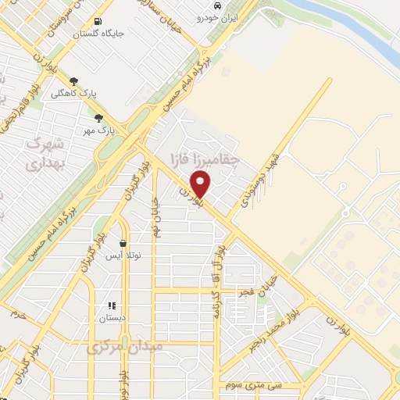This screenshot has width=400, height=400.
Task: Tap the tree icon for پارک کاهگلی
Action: pyautogui.click(x=75, y=81)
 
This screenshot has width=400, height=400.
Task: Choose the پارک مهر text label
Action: pyautogui.click(x=99, y=130)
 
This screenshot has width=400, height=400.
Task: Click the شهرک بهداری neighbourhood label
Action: pyautogui.click(x=42, y=153)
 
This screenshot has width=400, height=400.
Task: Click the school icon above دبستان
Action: pyautogui.click(x=111, y=305)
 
